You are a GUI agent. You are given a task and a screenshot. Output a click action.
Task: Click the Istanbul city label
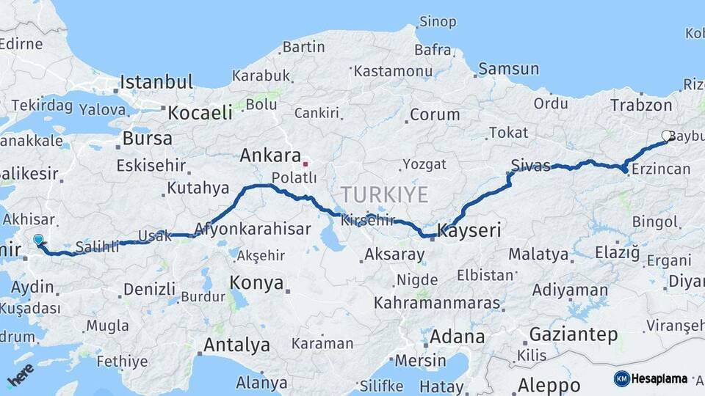tap(156, 81)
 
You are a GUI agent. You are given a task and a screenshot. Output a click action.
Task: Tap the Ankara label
tap(270, 155)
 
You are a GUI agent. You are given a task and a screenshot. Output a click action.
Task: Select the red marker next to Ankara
tap(305, 164)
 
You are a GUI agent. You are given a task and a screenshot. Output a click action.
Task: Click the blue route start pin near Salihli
tap(38, 239)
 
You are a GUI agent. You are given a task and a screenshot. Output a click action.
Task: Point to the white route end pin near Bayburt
tap(667, 136)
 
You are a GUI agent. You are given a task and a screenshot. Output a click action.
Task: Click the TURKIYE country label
tap(383, 194)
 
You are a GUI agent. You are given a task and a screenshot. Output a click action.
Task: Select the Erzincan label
tap(659, 169)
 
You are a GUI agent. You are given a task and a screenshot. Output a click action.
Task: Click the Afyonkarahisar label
tap(253, 229)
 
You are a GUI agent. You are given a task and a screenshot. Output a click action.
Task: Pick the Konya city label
tap(256, 282)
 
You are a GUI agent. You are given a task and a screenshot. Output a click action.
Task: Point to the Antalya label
tap(236, 345)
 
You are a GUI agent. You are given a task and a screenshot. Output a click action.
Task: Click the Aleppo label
tap(549, 384)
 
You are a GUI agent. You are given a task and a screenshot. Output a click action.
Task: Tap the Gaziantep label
tap(574, 334)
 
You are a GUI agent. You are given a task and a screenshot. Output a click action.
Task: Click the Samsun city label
tap(508, 69)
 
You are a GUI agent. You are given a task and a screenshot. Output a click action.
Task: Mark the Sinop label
tap(437, 21)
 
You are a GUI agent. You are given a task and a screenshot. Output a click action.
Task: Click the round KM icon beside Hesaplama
tap(621, 378)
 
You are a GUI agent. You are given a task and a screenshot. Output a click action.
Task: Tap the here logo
tap(20, 375)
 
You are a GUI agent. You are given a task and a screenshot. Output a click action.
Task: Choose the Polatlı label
tap(294, 177)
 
